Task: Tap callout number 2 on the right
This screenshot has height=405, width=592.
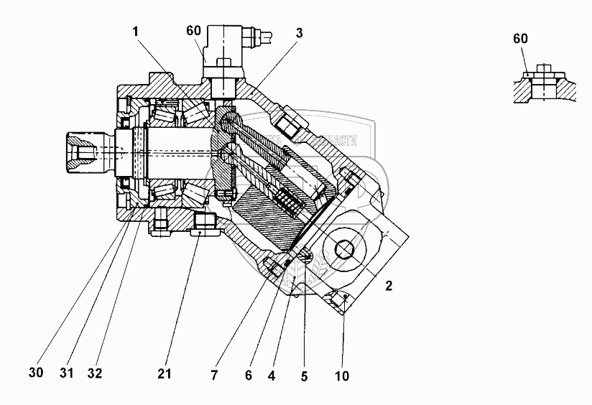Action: click(x=389, y=286)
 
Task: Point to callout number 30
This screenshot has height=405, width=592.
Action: click(x=35, y=373)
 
